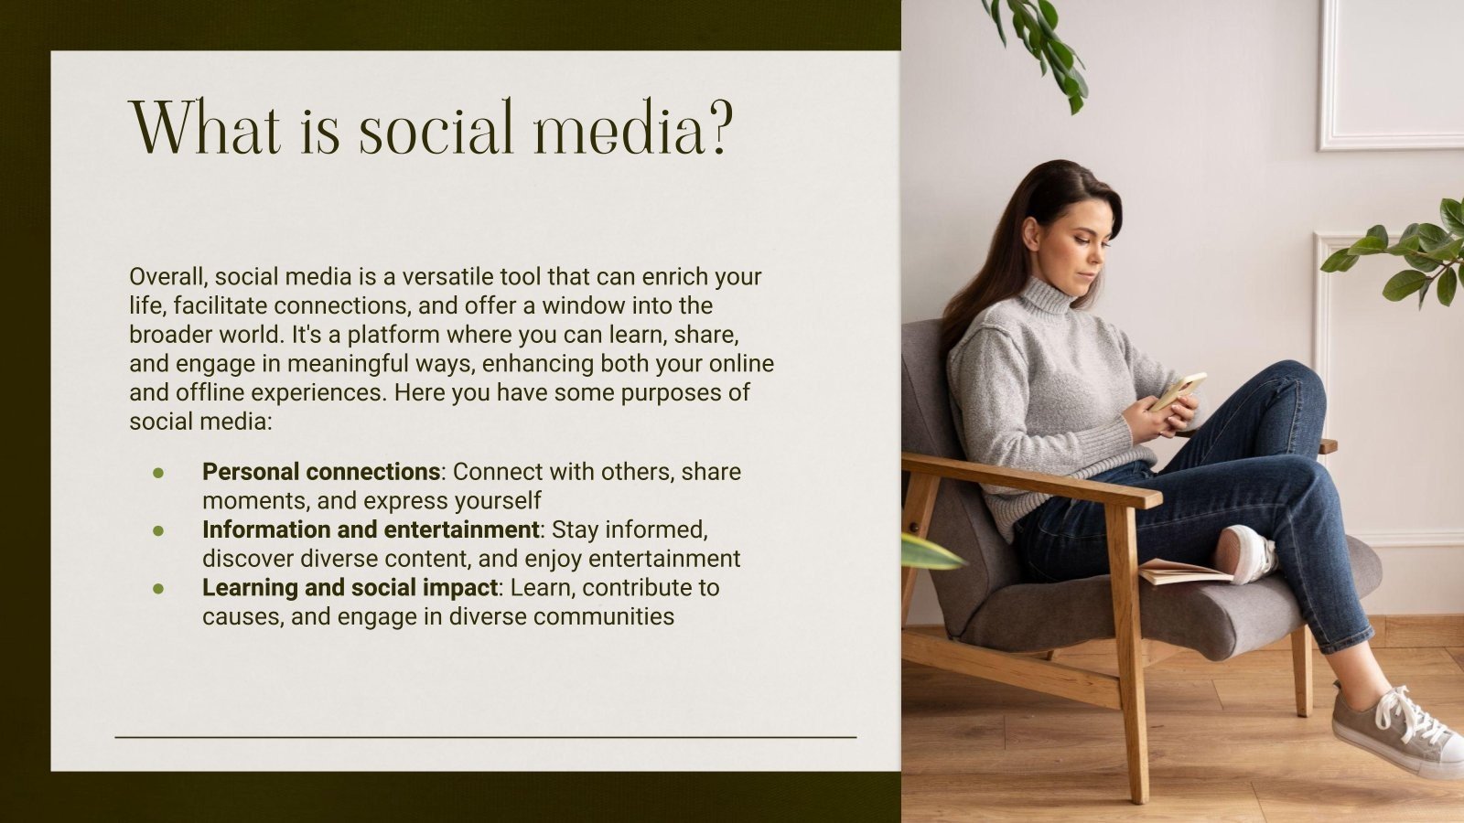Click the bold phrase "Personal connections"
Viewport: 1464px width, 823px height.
320,472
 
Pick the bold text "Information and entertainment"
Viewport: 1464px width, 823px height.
370,529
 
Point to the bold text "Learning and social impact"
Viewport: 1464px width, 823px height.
350,587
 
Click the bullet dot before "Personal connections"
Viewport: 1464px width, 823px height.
158,473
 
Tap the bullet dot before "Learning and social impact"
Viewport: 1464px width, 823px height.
158,588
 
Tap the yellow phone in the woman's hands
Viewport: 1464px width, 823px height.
1178,390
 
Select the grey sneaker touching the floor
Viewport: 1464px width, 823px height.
1395,728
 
